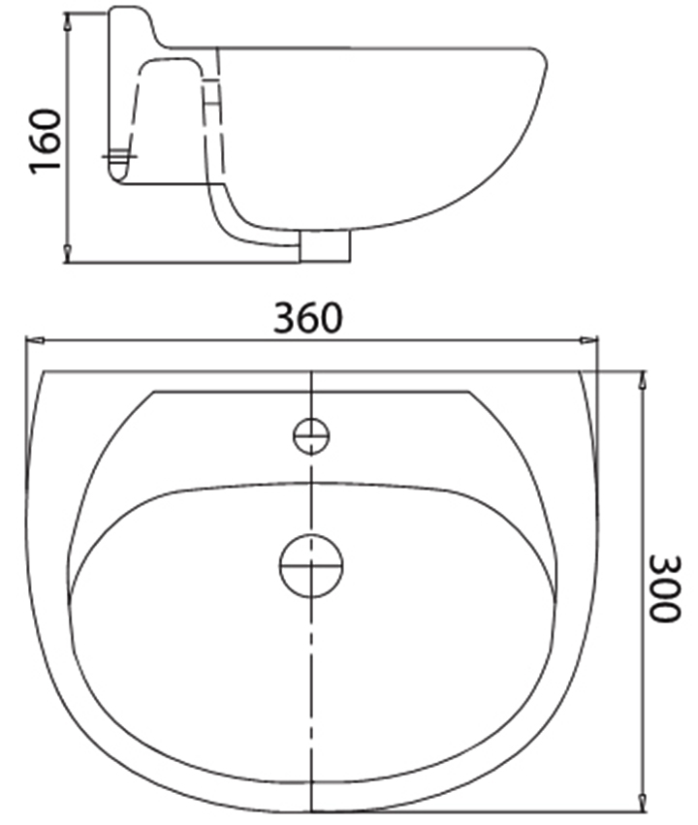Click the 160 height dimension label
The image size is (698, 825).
click(x=45, y=141)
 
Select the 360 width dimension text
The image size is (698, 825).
click(x=307, y=318)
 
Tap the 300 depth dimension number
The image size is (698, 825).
click(x=664, y=587)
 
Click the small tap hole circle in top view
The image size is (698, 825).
click(x=311, y=435)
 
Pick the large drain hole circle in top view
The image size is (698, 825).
click(x=311, y=563)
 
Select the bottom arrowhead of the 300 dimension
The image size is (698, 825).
click(x=641, y=801)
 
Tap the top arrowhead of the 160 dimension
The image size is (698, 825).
click(x=67, y=20)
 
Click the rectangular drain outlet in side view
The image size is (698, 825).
click(x=325, y=246)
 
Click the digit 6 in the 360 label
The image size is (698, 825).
click(x=307, y=318)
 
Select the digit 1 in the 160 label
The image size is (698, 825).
click(x=45, y=166)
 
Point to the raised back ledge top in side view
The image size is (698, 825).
click(x=131, y=12)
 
